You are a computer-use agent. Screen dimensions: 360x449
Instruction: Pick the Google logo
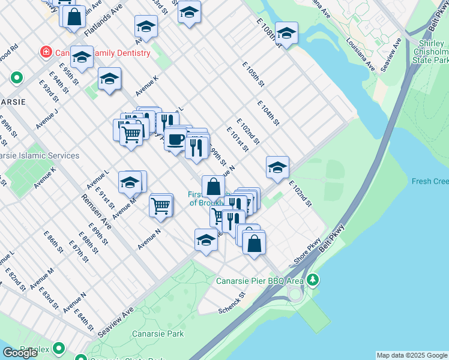[20, 353]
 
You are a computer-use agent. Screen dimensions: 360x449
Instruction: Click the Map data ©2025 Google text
[412, 355]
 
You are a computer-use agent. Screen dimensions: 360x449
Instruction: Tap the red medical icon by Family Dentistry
[46, 53]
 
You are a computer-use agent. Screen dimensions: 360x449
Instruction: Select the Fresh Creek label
[430, 181]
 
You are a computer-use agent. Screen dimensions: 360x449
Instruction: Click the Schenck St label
[232, 302]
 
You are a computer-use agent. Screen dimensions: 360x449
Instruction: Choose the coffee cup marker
[175, 140]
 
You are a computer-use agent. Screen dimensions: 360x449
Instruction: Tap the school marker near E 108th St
[287, 34]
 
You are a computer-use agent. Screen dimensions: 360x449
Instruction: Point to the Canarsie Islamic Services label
[40, 155]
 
